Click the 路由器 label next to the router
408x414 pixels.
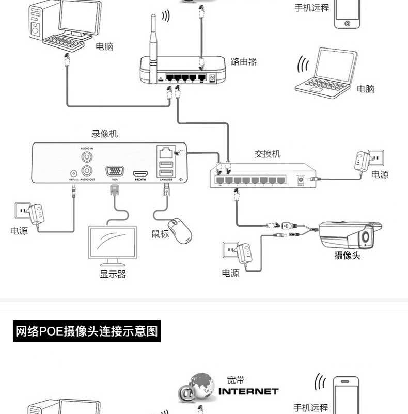(244, 62)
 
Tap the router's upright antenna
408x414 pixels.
(153, 46)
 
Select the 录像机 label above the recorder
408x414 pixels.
(105, 134)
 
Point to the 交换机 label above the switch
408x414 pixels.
(268, 154)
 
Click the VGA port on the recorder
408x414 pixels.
(114, 171)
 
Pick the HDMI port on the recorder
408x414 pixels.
(140, 173)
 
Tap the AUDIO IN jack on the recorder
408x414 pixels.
(88, 155)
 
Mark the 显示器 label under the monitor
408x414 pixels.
(113, 274)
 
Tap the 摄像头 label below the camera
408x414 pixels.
(347, 255)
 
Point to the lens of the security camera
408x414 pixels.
(367, 236)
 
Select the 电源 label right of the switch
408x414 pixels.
(380, 174)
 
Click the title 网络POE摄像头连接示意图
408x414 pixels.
(87, 331)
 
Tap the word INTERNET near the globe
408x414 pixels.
(248, 391)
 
